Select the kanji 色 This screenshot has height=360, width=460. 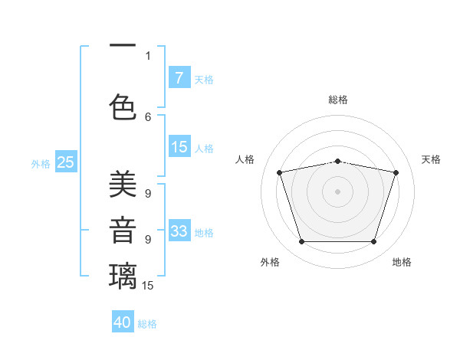click(123, 106)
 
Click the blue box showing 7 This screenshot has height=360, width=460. click(179, 77)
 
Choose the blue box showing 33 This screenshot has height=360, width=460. click(179, 231)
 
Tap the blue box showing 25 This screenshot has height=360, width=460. click(65, 162)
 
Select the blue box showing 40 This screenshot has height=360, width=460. click(123, 322)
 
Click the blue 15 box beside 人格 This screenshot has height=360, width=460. click(179, 147)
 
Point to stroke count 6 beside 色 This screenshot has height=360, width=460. click(148, 116)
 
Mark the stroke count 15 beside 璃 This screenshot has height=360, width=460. click(148, 286)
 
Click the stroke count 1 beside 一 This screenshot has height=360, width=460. click(148, 55)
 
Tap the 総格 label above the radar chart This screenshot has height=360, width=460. click(337, 100)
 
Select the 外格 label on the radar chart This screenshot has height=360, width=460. click(270, 262)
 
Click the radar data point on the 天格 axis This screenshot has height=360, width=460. click(396, 172)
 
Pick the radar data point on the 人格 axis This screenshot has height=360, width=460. click(280, 172)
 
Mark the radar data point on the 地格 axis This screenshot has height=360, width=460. click(373, 241)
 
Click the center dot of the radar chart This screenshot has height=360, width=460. click(337, 191)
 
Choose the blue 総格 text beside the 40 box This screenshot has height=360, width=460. click(148, 324)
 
